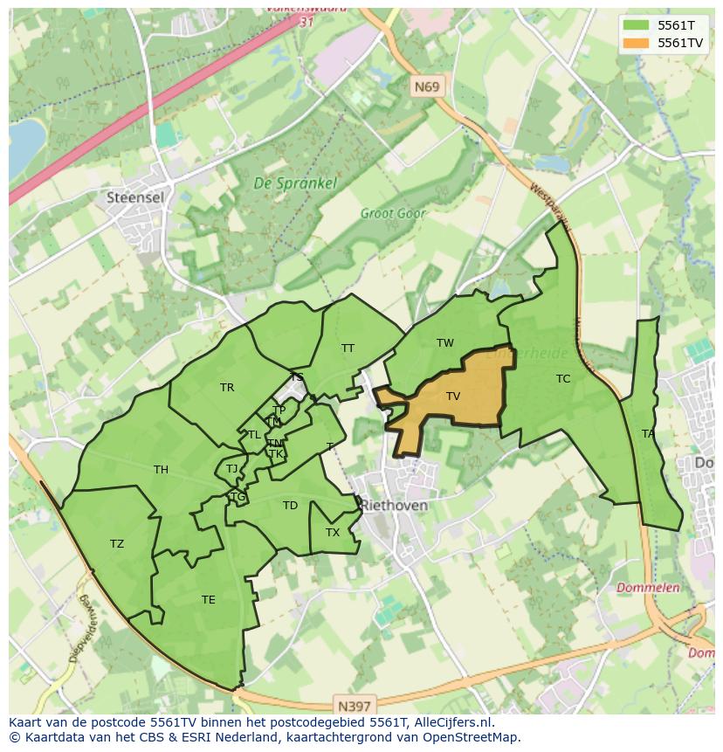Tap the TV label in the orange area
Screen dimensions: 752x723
click(x=452, y=397)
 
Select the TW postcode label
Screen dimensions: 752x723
click(x=445, y=343)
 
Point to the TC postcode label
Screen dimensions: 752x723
click(x=563, y=379)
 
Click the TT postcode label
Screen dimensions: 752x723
click(x=348, y=348)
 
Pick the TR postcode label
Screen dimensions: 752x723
click(x=227, y=388)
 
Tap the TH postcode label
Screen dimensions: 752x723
click(x=161, y=470)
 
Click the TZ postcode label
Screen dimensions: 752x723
click(x=117, y=544)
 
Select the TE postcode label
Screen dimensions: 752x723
click(x=208, y=600)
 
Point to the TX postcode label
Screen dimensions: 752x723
click(x=333, y=533)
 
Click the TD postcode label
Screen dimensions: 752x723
click(x=290, y=506)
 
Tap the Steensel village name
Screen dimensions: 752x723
click(x=134, y=198)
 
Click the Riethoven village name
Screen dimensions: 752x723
click(x=395, y=506)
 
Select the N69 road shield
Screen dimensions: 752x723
click(x=427, y=86)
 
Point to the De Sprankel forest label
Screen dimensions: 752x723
click(x=283, y=184)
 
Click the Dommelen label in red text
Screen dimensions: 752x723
click(x=648, y=588)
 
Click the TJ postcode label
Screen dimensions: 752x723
click(x=231, y=469)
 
